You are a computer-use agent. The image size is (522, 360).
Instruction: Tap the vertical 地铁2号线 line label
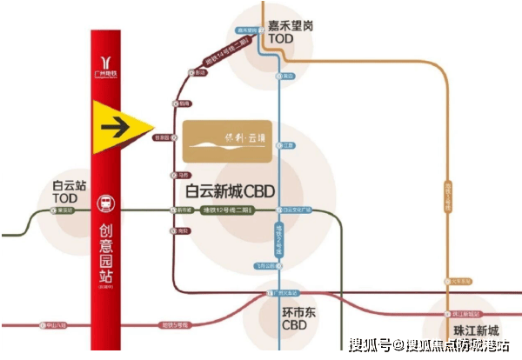(x=278, y=235)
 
